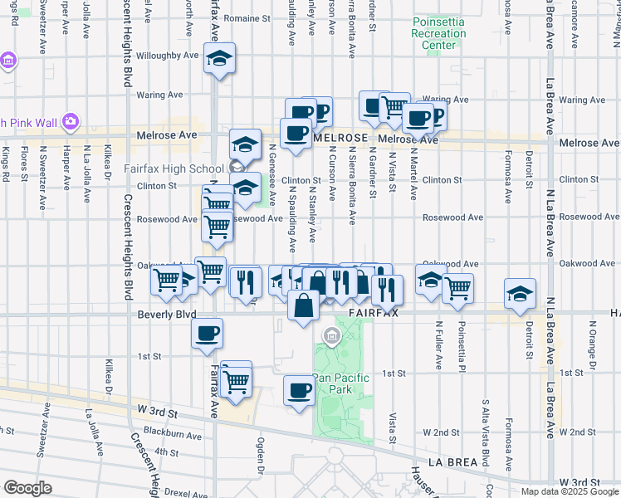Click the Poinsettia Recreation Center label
tap(438, 34)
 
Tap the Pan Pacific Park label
tap(338, 383)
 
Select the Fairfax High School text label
tap(174, 168)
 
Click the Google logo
tap(27, 487)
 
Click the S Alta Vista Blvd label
tap(485, 439)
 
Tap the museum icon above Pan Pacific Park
tap(331, 336)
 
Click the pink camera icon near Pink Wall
tap(70, 122)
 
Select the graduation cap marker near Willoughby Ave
tap(219, 59)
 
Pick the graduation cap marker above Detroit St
tap(520, 294)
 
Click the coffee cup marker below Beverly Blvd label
tap(207, 334)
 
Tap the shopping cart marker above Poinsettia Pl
tap(457, 288)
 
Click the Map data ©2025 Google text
tap(568, 491)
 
